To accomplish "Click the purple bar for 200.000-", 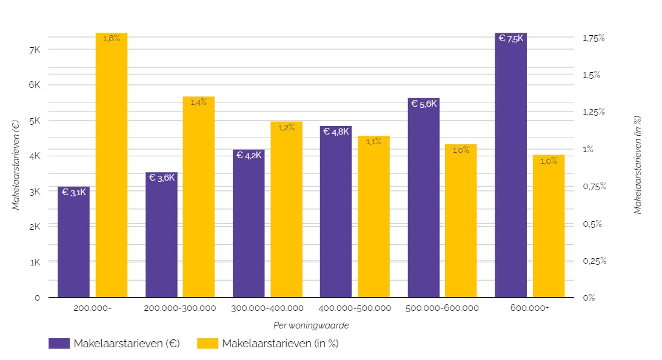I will tap(73, 242).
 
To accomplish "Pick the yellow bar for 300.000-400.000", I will tap(286, 209).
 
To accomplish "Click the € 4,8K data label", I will tap(336, 132).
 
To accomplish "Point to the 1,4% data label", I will tap(198, 102).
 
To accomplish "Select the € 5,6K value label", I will tap(424, 104).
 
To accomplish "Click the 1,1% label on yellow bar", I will tap(373, 142).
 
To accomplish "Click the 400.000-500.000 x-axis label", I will tap(355, 308).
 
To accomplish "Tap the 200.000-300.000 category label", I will tap(180, 308).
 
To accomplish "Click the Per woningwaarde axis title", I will tap(311, 325).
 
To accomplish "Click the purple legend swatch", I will tap(59, 344).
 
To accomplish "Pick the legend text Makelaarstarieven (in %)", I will tap(280, 344).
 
